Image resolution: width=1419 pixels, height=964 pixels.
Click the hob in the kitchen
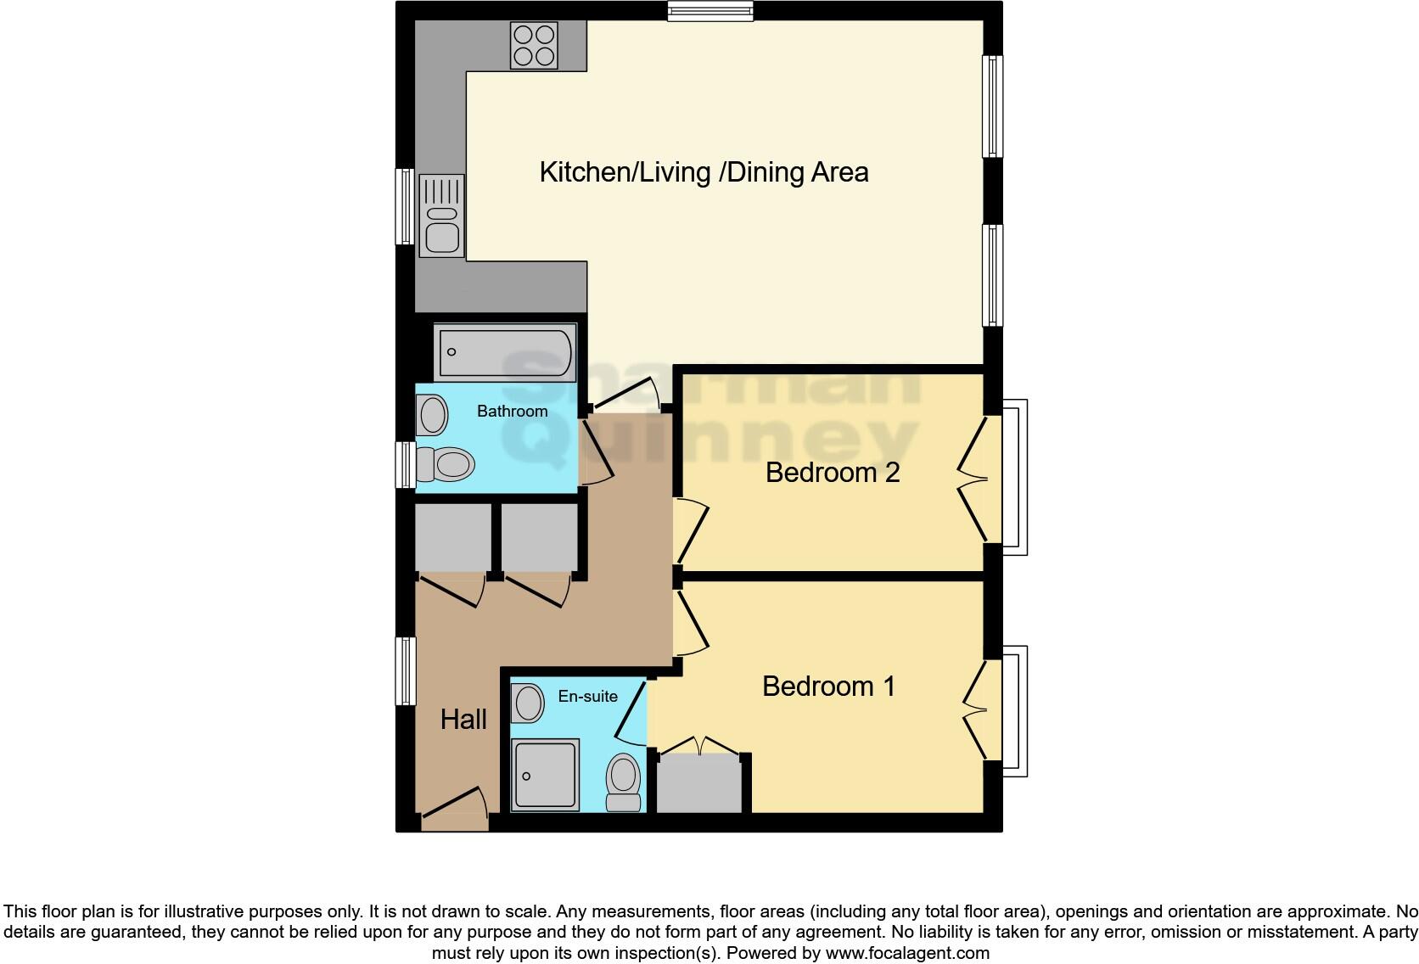click(533, 45)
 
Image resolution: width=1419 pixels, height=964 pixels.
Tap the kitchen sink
click(442, 216)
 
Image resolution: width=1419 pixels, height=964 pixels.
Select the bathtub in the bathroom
click(504, 352)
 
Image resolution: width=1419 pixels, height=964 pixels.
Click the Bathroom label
click(512, 412)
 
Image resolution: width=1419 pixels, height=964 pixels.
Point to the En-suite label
click(587, 697)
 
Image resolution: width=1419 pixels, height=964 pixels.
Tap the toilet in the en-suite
click(624, 782)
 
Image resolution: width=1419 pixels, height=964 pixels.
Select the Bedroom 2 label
click(832, 473)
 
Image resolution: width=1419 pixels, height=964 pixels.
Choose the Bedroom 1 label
click(828, 686)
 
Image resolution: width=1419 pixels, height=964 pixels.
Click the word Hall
click(463, 720)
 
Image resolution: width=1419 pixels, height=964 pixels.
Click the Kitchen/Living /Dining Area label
click(704, 172)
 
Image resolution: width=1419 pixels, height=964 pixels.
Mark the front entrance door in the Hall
click(453, 810)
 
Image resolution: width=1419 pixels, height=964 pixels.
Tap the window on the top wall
click(710, 10)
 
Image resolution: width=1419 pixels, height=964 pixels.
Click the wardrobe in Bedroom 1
click(700, 783)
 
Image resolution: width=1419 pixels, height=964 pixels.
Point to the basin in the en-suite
click(529, 703)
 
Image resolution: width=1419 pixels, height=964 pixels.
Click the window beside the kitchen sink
click(406, 207)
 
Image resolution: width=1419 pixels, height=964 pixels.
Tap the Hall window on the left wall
click(406, 671)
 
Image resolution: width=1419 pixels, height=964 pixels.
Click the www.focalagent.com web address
click(906, 953)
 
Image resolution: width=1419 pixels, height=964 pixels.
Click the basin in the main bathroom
click(433, 416)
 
